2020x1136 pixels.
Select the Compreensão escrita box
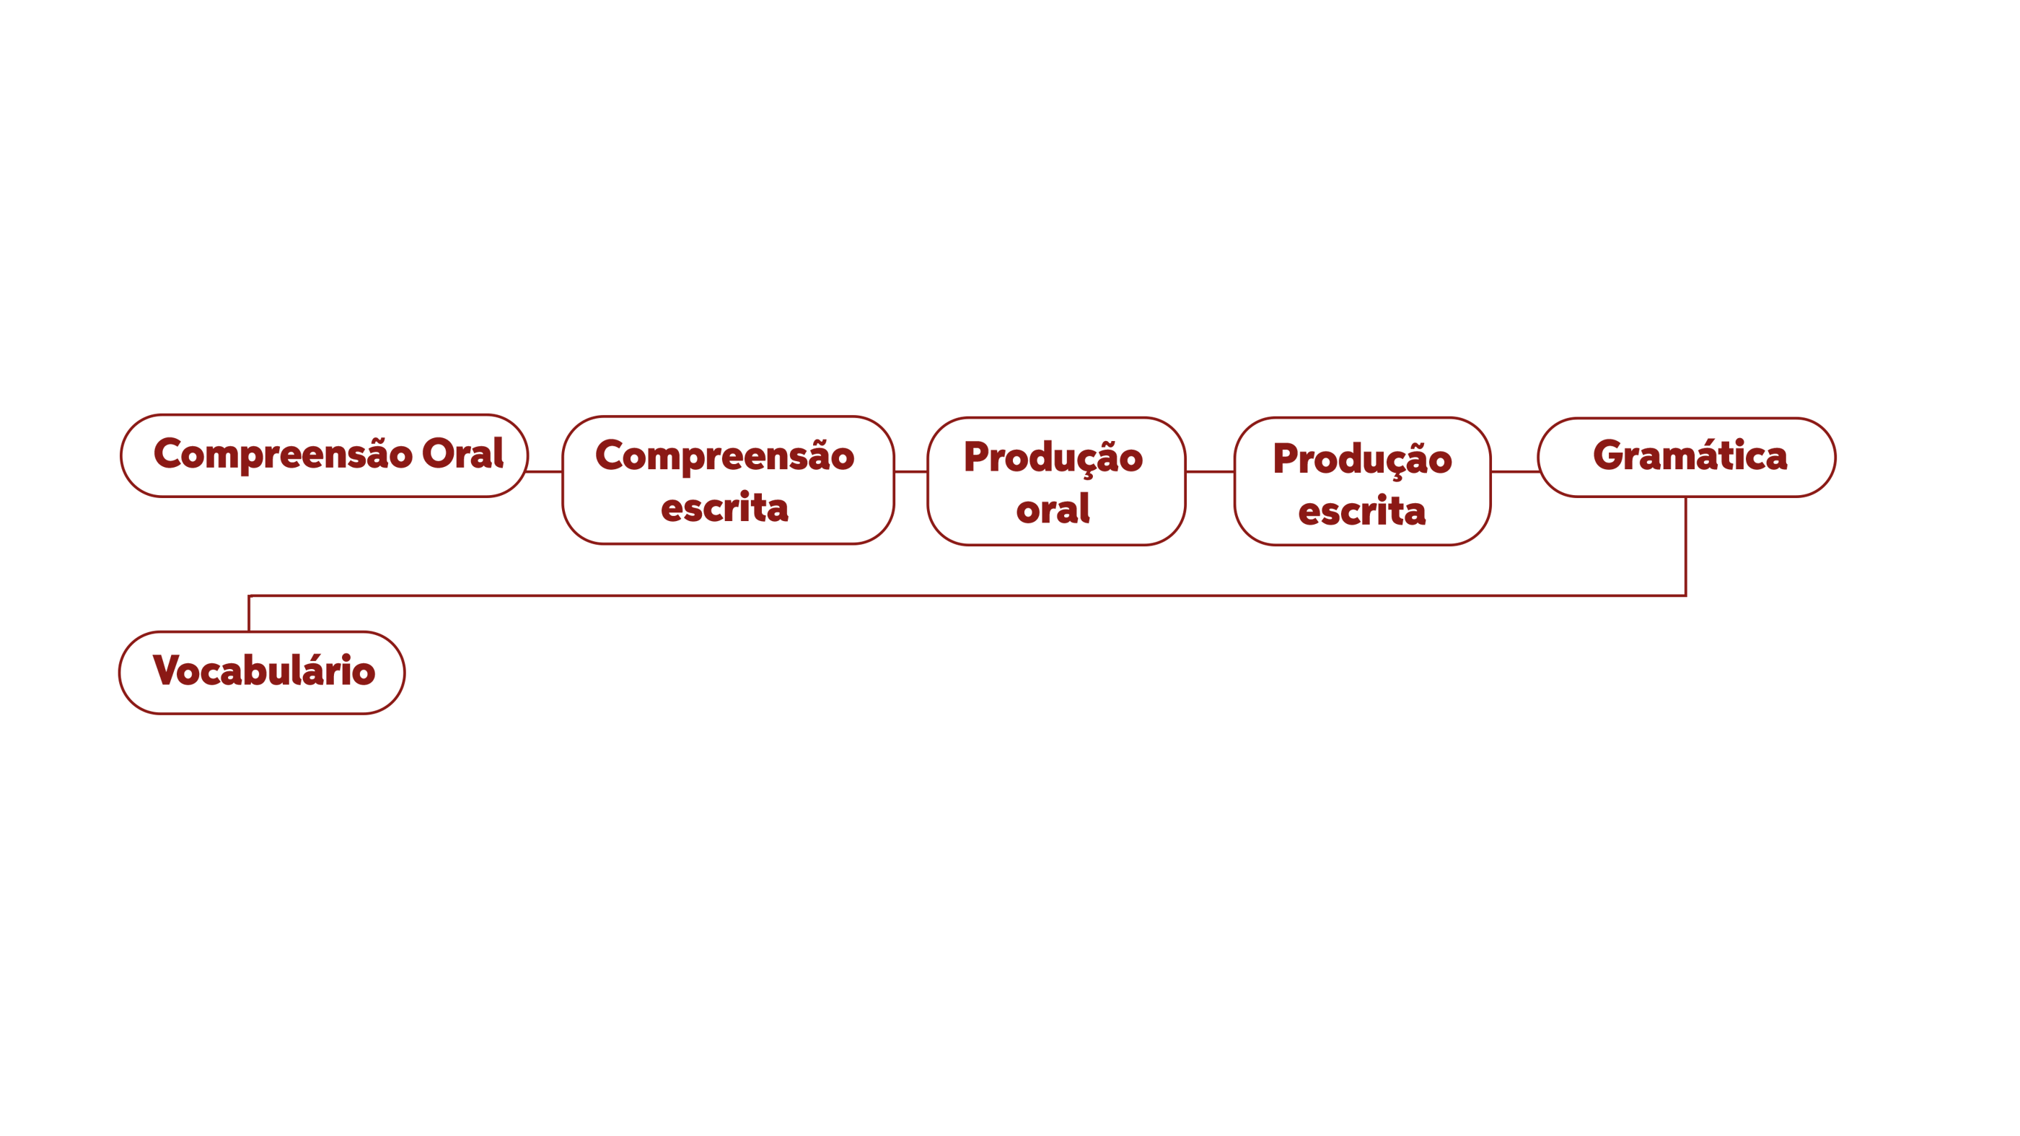pos(728,481)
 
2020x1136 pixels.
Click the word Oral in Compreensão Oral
pos(462,454)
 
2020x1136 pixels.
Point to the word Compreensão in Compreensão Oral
pos(282,454)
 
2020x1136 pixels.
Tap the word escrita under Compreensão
pos(724,507)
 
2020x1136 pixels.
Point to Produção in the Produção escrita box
pos(1362,459)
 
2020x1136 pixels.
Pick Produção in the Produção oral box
pos(1053,458)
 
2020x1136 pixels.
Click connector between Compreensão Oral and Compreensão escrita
pos(545,471)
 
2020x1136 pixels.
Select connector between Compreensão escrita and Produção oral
pos(910,471)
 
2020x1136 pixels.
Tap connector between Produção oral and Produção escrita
pos(1210,471)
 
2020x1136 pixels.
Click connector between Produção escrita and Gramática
pos(1514,471)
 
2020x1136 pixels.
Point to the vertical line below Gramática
pos(1686,547)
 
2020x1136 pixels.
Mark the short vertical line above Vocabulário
pos(250,613)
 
